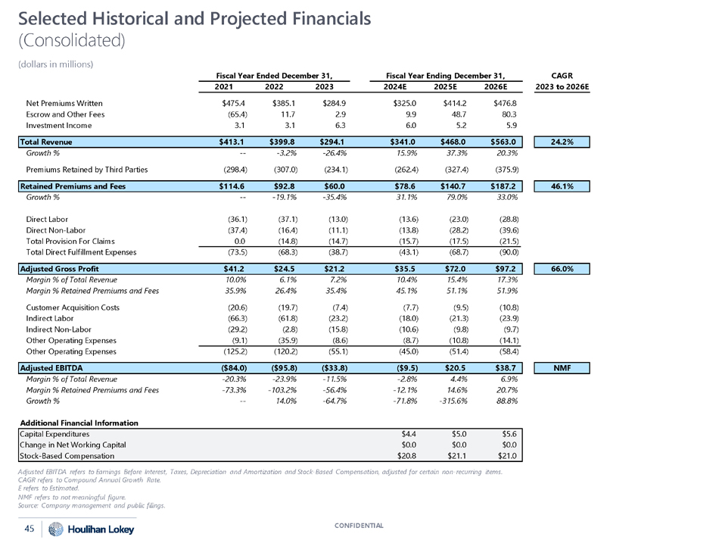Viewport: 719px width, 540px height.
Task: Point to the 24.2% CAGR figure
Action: pos(563,141)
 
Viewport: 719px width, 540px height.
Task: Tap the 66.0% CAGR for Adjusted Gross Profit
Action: pos(563,268)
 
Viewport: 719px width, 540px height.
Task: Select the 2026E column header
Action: pos(503,86)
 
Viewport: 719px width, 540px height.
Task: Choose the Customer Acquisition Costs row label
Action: pos(73,307)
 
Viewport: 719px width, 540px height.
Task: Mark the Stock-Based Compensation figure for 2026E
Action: pos(503,456)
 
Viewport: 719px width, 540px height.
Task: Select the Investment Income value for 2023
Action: pos(313,124)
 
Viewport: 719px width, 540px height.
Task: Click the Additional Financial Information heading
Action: pos(79,422)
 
